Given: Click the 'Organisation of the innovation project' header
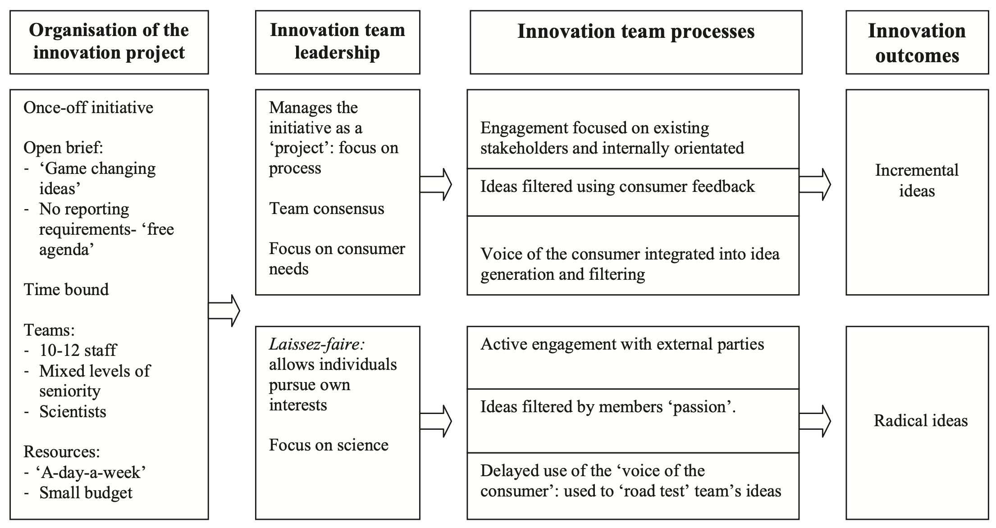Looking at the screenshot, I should pyautogui.click(x=109, y=42).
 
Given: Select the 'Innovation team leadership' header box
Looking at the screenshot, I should pyautogui.click(x=337, y=42).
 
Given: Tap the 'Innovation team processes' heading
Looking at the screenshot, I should pyautogui.click(x=635, y=32).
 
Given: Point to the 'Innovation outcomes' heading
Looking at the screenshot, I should pyautogui.click(x=917, y=43).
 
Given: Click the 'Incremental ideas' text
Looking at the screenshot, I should pyautogui.click(x=917, y=181).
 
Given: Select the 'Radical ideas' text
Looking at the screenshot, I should pyautogui.click(x=920, y=421).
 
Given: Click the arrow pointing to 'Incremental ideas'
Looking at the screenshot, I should pyautogui.click(x=815, y=184).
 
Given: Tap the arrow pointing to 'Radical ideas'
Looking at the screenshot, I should pyautogui.click(x=815, y=421).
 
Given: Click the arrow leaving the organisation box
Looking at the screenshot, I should pyautogui.click(x=224, y=310).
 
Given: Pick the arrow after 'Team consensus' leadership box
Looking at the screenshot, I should pyautogui.click(x=436, y=184).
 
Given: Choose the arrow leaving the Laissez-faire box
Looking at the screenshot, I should pyautogui.click(x=436, y=421).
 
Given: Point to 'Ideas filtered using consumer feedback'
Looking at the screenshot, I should pyautogui.click(x=617, y=187).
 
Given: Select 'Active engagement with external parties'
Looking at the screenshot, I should pyautogui.click(x=622, y=345).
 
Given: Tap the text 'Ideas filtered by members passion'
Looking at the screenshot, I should pyautogui.click(x=608, y=407).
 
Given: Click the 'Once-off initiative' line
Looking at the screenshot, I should pyautogui.click(x=88, y=108).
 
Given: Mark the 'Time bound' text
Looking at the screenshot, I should pyautogui.click(x=66, y=289).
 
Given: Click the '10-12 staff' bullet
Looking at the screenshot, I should pyautogui.click(x=78, y=350).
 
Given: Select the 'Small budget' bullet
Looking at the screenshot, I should pyautogui.click(x=86, y=493).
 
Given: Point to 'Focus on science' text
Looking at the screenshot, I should pyautogui.click(x=329, y=445).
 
